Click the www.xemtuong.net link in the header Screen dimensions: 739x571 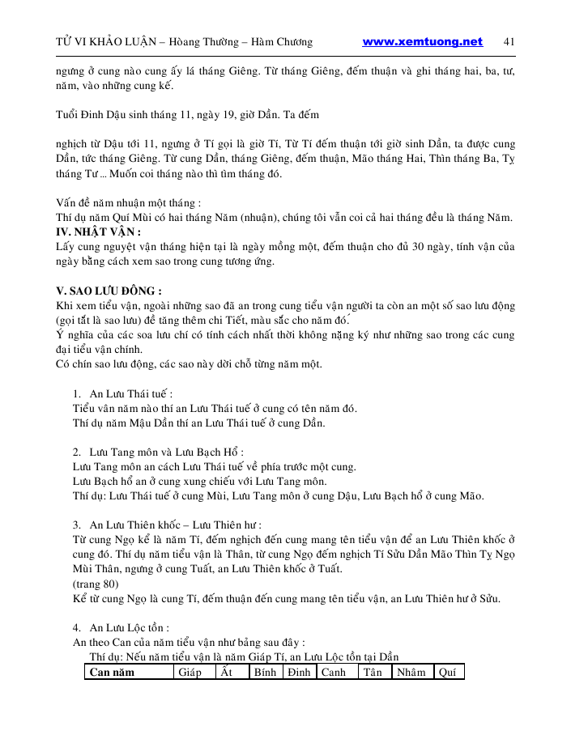tap(422, 42)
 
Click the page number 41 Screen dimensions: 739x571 tap(509, 42)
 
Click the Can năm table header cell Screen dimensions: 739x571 tap(112, 673)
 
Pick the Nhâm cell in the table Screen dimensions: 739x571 tap(411, 673)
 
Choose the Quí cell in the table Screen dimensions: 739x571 tap(447, 673)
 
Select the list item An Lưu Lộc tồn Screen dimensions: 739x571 tap(130, 627)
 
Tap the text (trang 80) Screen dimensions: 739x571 tap(96, 584)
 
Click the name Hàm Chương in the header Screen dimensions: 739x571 tap(283, 42)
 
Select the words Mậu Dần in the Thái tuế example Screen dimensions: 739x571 tap(165, 423)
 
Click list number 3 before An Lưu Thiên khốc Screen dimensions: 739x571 tap(77, 525)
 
